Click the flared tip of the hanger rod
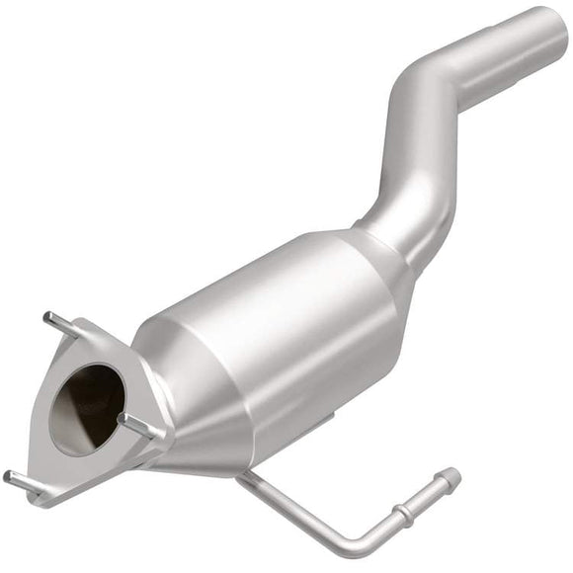click(x=450, y=477)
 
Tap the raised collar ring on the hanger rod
click(x=406, y=514)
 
